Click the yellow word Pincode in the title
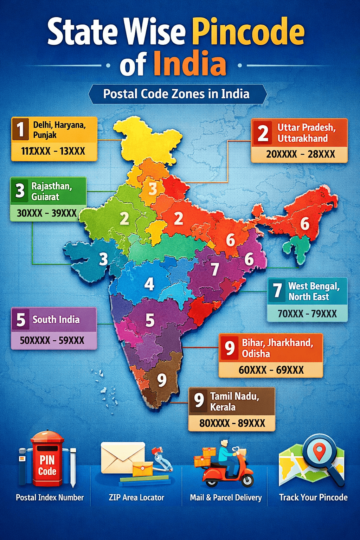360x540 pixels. pos(248,32)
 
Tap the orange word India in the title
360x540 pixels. pos(190,64)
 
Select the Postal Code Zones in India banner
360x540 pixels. pos(177,94)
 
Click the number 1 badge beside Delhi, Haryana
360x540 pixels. pos(20,129)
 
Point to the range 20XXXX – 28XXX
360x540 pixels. pos(300,154)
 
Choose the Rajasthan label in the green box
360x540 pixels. pos(52,186)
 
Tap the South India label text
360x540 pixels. pos(56,320)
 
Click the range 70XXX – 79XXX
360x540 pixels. pos(307,313)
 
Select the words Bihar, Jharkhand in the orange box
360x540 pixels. pos(277,342)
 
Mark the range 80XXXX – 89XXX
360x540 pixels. pos(232,423)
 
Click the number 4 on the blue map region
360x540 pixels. pos(149,284)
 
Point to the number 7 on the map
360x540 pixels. pos(215,270)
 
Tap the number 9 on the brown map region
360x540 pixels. pos(162,380)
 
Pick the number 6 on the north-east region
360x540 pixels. pos(304,224)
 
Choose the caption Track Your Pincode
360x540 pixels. pos(313,497)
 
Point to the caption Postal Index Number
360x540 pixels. pos(50,497)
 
